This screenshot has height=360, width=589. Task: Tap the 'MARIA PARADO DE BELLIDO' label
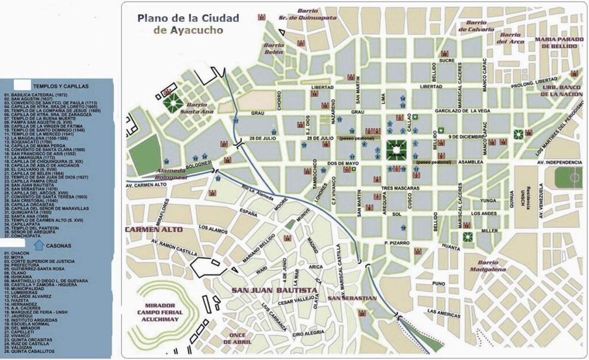560,44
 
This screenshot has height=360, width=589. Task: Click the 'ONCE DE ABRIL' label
237,339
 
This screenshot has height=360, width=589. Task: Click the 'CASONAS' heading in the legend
58,245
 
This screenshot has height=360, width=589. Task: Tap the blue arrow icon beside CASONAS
39,245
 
